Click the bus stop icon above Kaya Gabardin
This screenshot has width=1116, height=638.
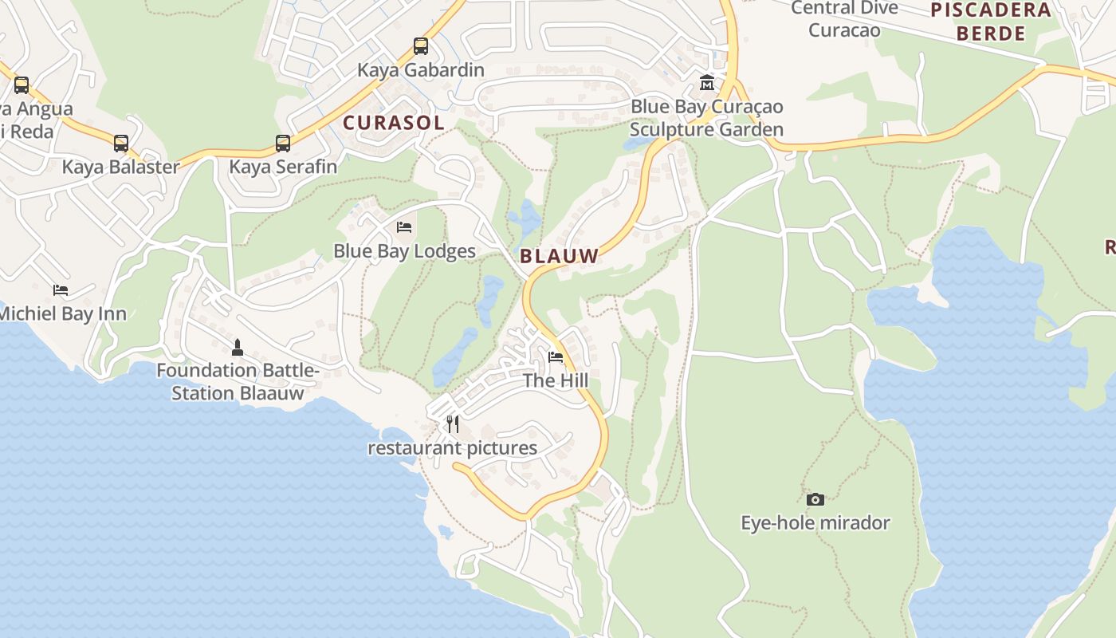(420, 46)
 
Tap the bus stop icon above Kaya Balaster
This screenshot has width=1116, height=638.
(121, 144)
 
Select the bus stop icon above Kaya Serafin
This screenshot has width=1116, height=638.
(283, 144)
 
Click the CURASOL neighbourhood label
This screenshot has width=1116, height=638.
(393, 123)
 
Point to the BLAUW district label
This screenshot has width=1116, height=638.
(559, 256)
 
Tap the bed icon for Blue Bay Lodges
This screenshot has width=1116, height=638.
(404, 227)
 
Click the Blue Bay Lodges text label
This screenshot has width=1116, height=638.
(404, 251)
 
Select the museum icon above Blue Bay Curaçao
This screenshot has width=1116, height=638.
(706, 83)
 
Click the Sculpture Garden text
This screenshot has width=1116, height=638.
(706, 129)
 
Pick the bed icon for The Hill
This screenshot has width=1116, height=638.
(556, 356)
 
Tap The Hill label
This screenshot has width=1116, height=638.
(556, 380)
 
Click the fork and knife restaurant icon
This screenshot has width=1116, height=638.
(452, 423)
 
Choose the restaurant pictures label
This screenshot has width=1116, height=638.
(452, 447)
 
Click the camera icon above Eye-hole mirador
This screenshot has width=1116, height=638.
(815, 499)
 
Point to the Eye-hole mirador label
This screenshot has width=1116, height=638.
(815, 523)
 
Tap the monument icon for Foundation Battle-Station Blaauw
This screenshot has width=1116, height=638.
(237, 348)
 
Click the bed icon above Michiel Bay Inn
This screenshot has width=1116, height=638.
(61, 289)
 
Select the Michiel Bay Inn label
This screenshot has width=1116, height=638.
(62, 313)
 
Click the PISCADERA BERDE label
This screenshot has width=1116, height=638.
(991, 22)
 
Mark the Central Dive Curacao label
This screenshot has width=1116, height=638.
(844, 19)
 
